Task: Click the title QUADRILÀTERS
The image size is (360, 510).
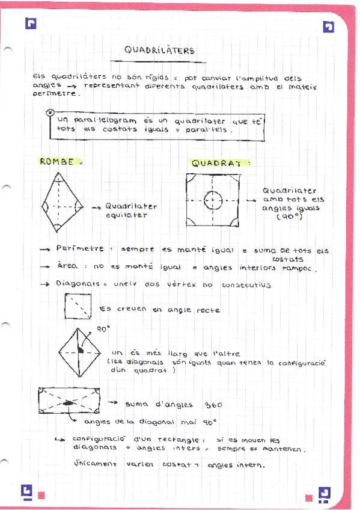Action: pos(159,51)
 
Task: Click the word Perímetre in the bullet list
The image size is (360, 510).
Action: pos(79,248)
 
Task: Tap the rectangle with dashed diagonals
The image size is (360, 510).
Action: pos(69,400)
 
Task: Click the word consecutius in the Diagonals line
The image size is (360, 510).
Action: pos(246,284)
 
